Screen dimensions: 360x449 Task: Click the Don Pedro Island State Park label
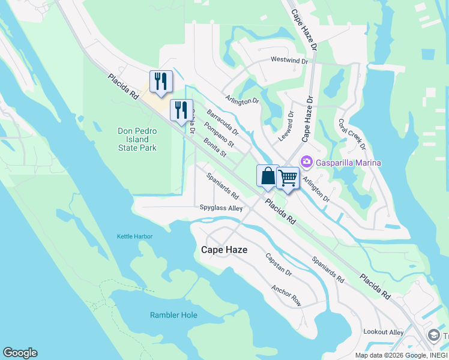click(137, 139)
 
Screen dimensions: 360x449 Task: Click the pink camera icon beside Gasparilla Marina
click(307, 162)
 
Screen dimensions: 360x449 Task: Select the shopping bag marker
click(268, 176)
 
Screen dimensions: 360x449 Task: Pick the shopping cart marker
click(288, 178)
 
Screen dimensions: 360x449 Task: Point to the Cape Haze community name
click(224, 250)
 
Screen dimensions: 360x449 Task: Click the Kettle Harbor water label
click(134, 236)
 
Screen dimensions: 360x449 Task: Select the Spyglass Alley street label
click(221, 208)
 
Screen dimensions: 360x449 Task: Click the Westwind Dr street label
click(289, 61)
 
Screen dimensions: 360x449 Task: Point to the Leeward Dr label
click(287, 125)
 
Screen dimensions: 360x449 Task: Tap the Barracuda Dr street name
click(223, 122)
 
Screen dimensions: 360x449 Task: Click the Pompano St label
click(219, 136)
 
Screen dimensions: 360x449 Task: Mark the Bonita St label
click(214, 146)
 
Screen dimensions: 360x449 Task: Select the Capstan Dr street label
click(279, 265)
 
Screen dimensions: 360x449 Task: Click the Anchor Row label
click(286, 295)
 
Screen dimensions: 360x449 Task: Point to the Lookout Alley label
click(384, 332)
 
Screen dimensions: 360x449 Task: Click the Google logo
click(20, 353)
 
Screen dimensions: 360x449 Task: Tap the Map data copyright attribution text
click(400, 355)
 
